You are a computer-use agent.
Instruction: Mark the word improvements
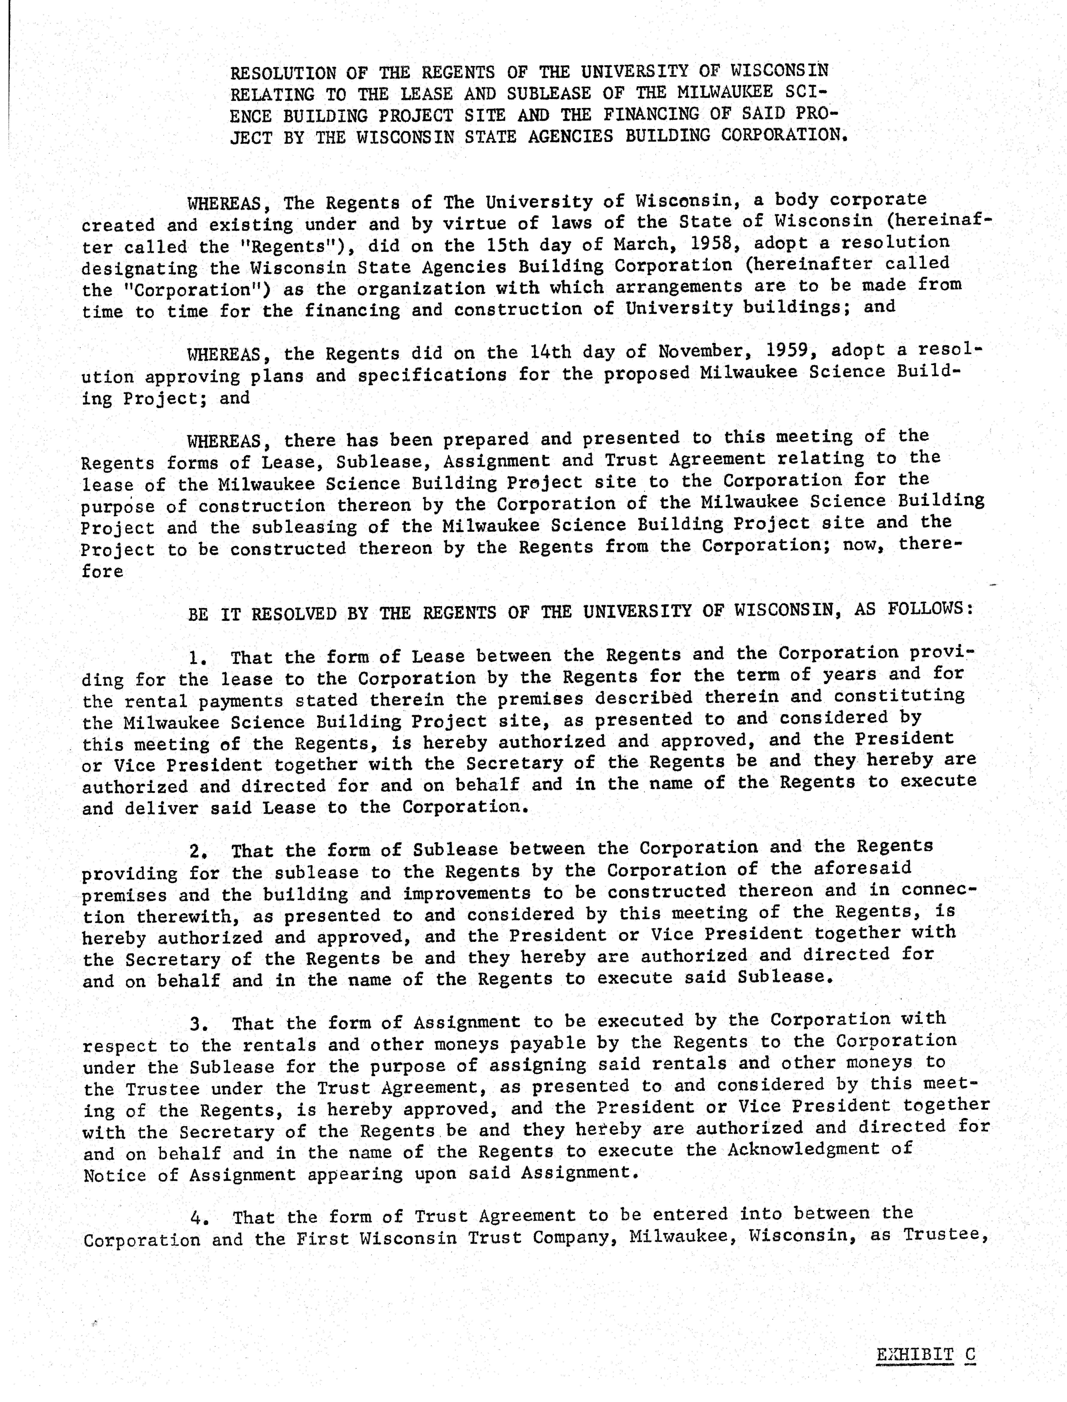tap(467, 893)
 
